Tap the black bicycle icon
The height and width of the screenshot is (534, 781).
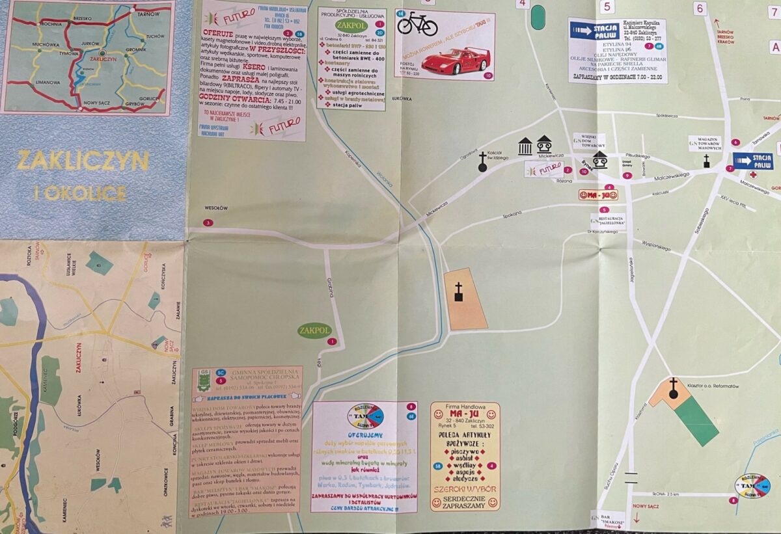tap(417, 24)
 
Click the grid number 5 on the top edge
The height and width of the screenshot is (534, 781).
tap(607, 7)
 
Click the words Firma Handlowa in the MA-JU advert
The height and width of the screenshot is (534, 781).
tap(465, 408)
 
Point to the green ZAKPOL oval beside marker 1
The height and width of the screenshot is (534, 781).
tap(314, 331)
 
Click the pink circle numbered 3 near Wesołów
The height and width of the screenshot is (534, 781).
tap(208, 223)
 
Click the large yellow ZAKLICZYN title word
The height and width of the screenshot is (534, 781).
tap(83, 161)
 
